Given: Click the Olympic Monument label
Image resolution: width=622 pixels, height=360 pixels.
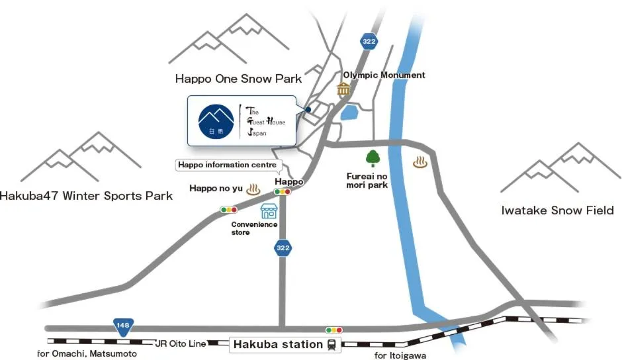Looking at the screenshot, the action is (384, 75).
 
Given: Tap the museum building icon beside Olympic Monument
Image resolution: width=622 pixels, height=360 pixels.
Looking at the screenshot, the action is (343, 89).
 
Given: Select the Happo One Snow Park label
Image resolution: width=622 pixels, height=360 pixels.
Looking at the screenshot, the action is (238, 79).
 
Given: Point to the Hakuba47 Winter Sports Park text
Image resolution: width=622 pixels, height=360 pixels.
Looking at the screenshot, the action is (86, 196).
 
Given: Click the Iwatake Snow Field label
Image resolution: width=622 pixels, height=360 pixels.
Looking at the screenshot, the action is (557, 211).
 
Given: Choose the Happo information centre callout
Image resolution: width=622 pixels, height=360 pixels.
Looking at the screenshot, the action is (229, 165).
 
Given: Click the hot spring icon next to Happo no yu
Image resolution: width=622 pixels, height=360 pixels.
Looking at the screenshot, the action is (252, 189).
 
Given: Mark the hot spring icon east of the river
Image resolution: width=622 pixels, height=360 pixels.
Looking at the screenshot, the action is (420, 161).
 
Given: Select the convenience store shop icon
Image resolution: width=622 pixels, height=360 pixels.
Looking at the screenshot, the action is (269, 212).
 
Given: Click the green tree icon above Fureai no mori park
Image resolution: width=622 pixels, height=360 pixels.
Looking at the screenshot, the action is (372, 159).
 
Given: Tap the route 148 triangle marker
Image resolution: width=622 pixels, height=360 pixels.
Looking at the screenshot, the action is (123, 326).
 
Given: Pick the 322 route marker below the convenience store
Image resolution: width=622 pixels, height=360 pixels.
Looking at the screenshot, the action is (282, 248).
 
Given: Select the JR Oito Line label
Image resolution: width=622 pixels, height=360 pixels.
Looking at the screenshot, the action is (180, 343).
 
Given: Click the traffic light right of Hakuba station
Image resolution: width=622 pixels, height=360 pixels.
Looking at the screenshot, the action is (334, 330).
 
